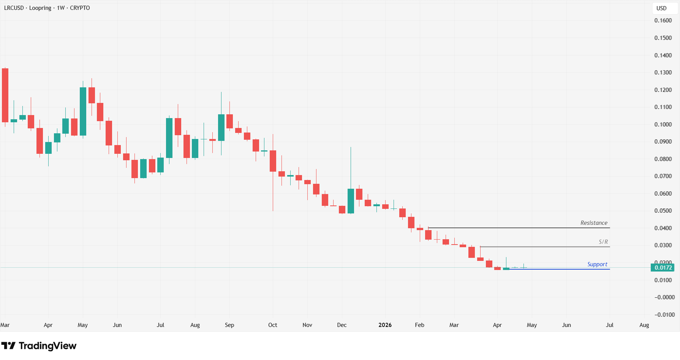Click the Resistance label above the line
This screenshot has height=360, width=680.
click(x=593, y=223)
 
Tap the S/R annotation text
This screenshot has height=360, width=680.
click(x=603, y=242)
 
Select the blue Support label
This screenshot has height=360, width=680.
click(x=597, y=264)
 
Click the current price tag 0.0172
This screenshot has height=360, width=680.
click(x=663, y=268)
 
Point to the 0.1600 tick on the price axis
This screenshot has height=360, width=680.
click(x=663, y=21)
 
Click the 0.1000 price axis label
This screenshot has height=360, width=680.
click(x=663, y=125)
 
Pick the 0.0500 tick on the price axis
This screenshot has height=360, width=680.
click(x=663, y=211)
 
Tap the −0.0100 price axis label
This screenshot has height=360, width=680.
click(x=664, y=315)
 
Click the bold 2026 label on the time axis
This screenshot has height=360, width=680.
click(x=385, y=325)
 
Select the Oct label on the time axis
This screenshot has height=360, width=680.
click(x=272, y=325)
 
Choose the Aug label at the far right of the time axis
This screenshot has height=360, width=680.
click(x=644, y=325)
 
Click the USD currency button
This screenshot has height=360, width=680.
click(x=661, y=8)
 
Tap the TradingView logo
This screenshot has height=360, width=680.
click(x=39, y=346)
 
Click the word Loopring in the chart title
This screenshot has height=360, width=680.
click(x=40, y=8)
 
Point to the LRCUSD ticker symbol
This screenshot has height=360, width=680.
click(x=14, y=8)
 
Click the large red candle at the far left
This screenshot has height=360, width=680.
click(x=5, y=95)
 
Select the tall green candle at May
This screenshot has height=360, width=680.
click(x=83, y=111)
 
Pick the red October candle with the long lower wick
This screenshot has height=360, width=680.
click(x=273, y=161)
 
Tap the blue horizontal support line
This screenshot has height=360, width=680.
click(x=562, y=269)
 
